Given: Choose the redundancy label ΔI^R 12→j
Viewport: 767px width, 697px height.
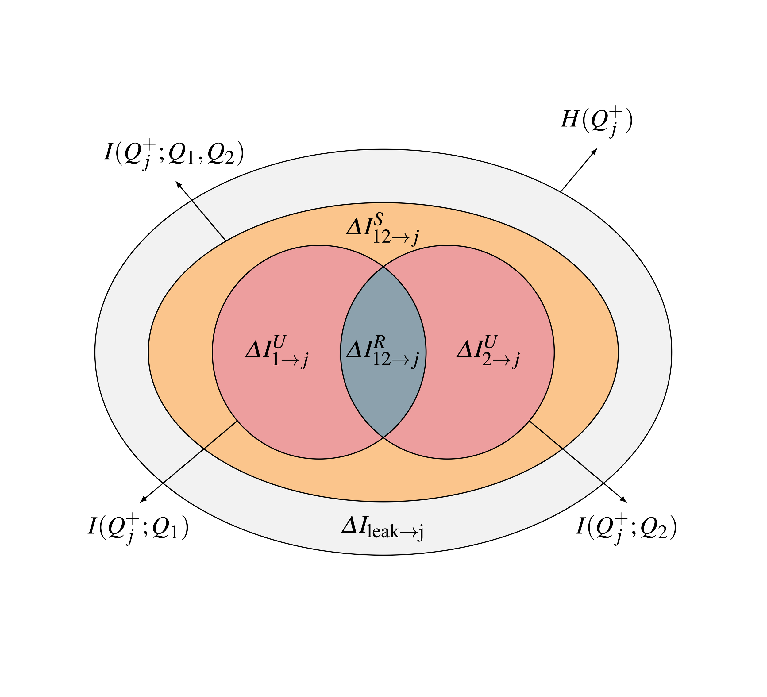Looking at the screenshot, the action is (x=382, y=352).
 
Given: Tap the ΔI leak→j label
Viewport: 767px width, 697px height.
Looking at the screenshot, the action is (x=382, y=529).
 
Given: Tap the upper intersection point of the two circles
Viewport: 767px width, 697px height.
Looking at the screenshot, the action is (x=383, y=268).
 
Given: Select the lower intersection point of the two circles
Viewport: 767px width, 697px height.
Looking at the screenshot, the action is (x=383, y=437).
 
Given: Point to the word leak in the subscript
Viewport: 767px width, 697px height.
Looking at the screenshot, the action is (x=383, y=532).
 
